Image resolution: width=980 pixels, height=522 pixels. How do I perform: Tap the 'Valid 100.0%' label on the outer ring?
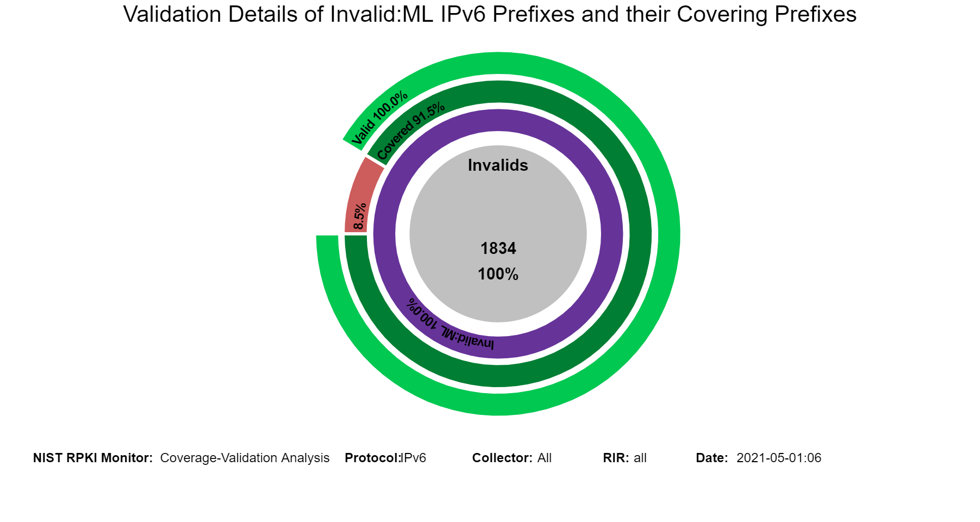pyautogui.click(x=379, y=117)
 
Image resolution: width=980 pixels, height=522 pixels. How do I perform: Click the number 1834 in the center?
pyautogui.click(x=498, y=248)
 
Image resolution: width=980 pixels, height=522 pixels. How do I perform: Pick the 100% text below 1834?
pyautogui.click(x=498, y=274)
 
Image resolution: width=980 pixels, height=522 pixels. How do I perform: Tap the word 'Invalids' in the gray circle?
pyautogui.click(x=498, y=165)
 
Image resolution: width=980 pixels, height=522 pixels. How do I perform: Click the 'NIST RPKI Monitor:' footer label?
pyautogui.click(x=93, y=458)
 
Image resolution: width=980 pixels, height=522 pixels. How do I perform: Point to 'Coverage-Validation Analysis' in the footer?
pyautogui.click(x=245, y=458)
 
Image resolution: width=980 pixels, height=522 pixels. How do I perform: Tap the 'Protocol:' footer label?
pyautogui.click(x=372, y=458)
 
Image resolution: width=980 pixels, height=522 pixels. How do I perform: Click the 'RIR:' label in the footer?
pyautogui.click(x=616, y=458)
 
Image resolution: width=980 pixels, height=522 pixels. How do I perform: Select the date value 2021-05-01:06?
pyautogui.click(x=779, y=458)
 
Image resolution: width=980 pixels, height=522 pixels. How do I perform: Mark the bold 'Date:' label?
pyautogui.click(x=712, y=458)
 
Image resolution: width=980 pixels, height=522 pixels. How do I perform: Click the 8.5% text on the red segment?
pyautogui.click(x=360, y=216)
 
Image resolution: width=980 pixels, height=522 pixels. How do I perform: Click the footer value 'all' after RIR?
pyautogui.click(x=640, y=458)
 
